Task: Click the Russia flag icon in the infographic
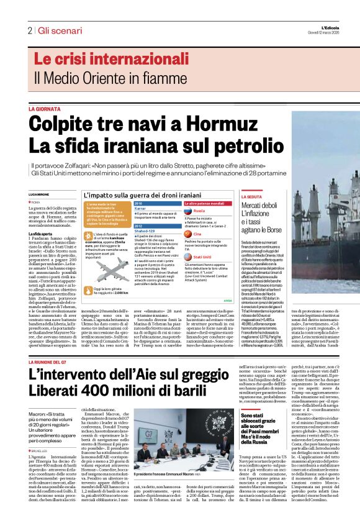(189, 211)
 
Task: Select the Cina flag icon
(189, 234)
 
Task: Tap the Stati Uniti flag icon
(189, 256)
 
